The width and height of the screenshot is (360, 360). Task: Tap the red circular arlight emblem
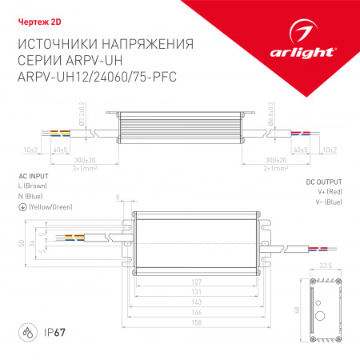[305, 34]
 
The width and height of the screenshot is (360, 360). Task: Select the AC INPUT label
[34, 174]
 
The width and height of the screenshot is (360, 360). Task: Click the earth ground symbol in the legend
[21, 206]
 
